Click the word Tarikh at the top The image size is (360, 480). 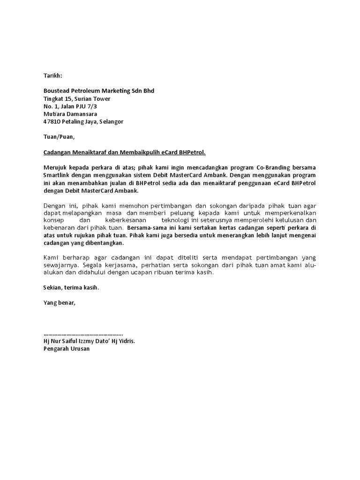tap(52, 75)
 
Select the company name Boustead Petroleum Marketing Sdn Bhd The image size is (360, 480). tap(98, 90)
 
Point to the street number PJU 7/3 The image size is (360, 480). tap(97, 106)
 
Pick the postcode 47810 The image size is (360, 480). tap(52, 121)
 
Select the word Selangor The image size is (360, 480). tap(112, 121)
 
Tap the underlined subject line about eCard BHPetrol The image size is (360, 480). tap(124, 152)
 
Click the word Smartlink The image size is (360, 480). tap(58, 175)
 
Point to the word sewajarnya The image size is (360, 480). tap(58, 265)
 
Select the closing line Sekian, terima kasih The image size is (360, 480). tap(71, 288)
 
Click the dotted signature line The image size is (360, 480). tap(83, 334)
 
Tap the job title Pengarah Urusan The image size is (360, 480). tap(66, 349)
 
